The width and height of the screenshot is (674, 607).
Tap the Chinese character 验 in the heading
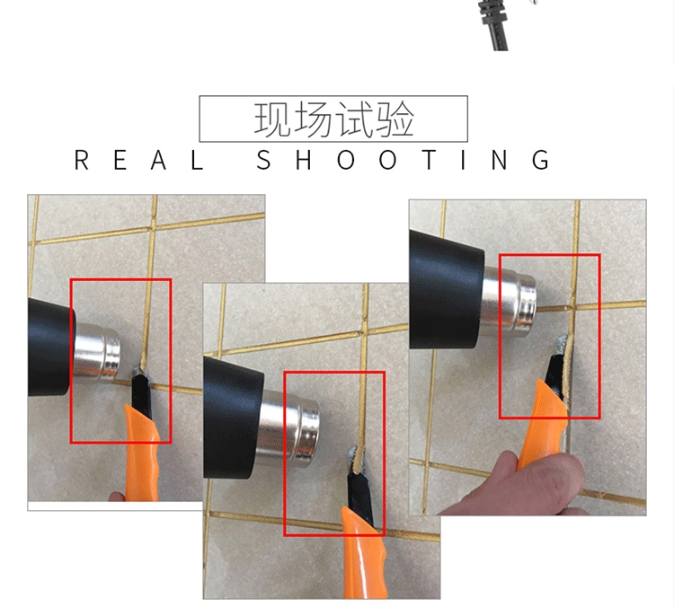[395, 119]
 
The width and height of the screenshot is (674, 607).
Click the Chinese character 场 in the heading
[314, 119]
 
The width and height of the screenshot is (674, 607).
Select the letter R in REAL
[81, 160]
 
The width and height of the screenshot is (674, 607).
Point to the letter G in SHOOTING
[540, 160]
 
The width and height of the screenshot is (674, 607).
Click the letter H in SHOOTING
[304, 160]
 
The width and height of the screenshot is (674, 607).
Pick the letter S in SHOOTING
[263, 160]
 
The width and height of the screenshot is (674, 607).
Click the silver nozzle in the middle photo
[288, 428]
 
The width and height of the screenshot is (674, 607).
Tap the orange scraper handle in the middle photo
[364, 553]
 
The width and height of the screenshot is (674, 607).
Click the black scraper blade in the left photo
[141, 393]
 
